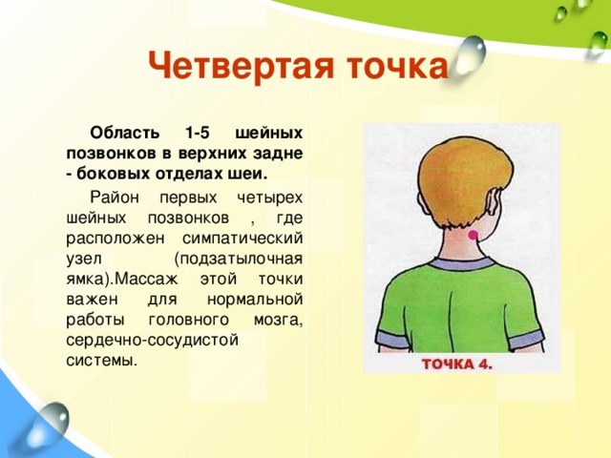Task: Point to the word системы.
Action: click(102, 361)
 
